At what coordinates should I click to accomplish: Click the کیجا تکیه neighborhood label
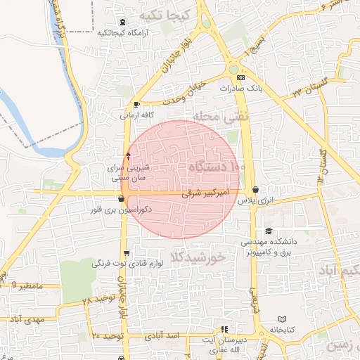coord(164,15)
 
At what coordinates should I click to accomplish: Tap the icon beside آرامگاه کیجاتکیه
coord(123,22)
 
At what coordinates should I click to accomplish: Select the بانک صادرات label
coord(240,89)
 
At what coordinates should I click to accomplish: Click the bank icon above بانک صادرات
coord(241,77)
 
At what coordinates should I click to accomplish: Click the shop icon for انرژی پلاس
coord(254,190)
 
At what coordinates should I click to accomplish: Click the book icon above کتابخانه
coord(282,319)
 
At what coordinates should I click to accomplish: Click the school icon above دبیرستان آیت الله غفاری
coord(224,329)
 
